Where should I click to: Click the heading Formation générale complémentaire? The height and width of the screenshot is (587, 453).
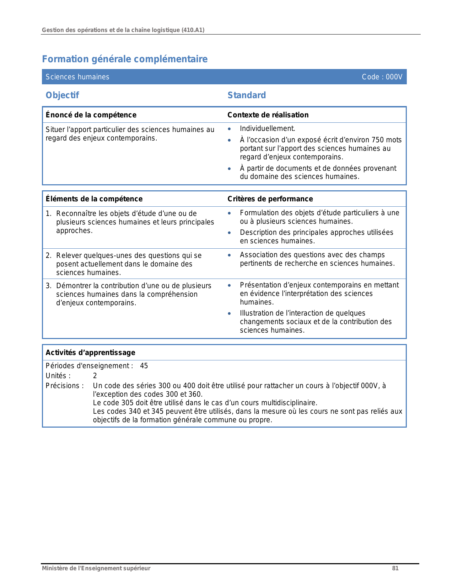125,59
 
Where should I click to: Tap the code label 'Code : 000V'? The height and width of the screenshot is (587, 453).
382,77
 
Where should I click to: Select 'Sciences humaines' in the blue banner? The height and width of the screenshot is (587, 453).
77,77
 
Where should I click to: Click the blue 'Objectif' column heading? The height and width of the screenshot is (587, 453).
62,95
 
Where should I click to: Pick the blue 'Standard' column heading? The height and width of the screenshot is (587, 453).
247,95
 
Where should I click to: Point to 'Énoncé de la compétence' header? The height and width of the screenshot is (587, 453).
91,115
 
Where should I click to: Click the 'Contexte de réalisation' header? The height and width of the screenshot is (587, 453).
268,115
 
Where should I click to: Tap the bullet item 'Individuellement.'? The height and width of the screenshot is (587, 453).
268,129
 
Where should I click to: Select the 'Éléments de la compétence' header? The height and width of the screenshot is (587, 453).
94,199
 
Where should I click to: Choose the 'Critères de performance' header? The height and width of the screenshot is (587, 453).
270,199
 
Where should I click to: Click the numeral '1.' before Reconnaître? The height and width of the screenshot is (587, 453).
49,213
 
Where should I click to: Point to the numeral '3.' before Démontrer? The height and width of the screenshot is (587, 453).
49,286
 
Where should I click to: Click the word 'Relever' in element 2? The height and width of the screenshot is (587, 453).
69,255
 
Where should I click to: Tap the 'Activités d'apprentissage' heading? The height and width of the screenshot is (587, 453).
91,353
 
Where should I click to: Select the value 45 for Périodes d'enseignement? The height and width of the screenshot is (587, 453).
144,366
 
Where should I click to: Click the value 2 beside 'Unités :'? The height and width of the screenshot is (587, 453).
95,376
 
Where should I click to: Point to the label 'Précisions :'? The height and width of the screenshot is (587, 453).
65,386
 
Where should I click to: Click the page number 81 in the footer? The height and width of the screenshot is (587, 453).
395,568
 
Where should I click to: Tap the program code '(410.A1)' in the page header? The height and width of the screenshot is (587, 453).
193,30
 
